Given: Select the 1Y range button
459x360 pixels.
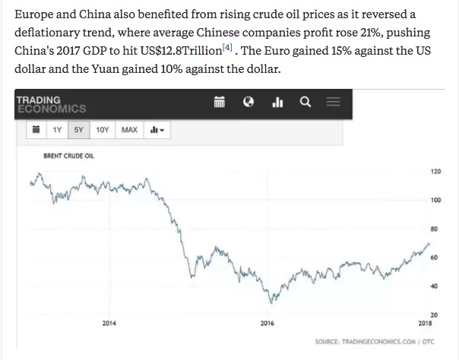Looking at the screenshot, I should pos(58,130).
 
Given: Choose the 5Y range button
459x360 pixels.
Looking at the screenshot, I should pos(79,130).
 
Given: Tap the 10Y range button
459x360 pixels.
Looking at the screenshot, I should pos(103,130).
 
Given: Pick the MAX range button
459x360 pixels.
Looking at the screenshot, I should pos(129,130).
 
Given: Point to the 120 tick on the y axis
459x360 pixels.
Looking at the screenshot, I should pos(435,172).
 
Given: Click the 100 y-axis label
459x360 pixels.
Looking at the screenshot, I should pos(435,201).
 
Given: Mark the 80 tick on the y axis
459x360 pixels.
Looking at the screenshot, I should pos(435,229).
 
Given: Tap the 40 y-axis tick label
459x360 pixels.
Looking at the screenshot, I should pos(435,286).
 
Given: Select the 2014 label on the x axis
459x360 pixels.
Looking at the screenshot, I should pos(109,324).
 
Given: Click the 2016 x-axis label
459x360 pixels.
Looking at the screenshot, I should pos(267,324).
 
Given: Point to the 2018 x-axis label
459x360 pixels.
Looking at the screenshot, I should pos(426,324).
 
